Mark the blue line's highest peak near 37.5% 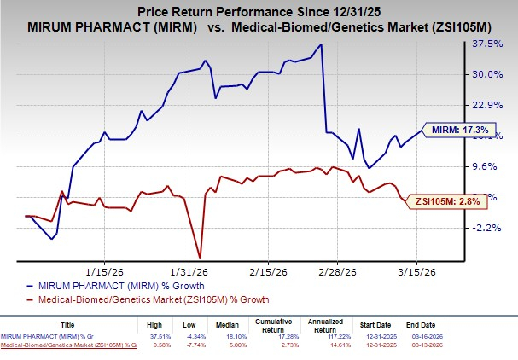[x=321, y=44]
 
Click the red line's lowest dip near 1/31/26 [x=199, y=258]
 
